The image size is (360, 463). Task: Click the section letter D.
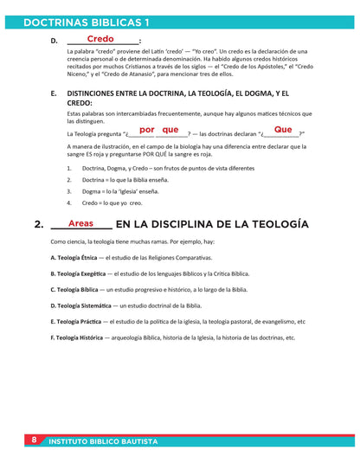coord(54,41)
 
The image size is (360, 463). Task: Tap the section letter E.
coord(54,93)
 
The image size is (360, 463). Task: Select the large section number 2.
coord(39,225)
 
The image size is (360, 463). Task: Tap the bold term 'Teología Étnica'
coord(73,258)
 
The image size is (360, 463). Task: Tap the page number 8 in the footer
coord(34,440)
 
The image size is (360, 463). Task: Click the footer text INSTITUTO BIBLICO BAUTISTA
coord(103,441)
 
